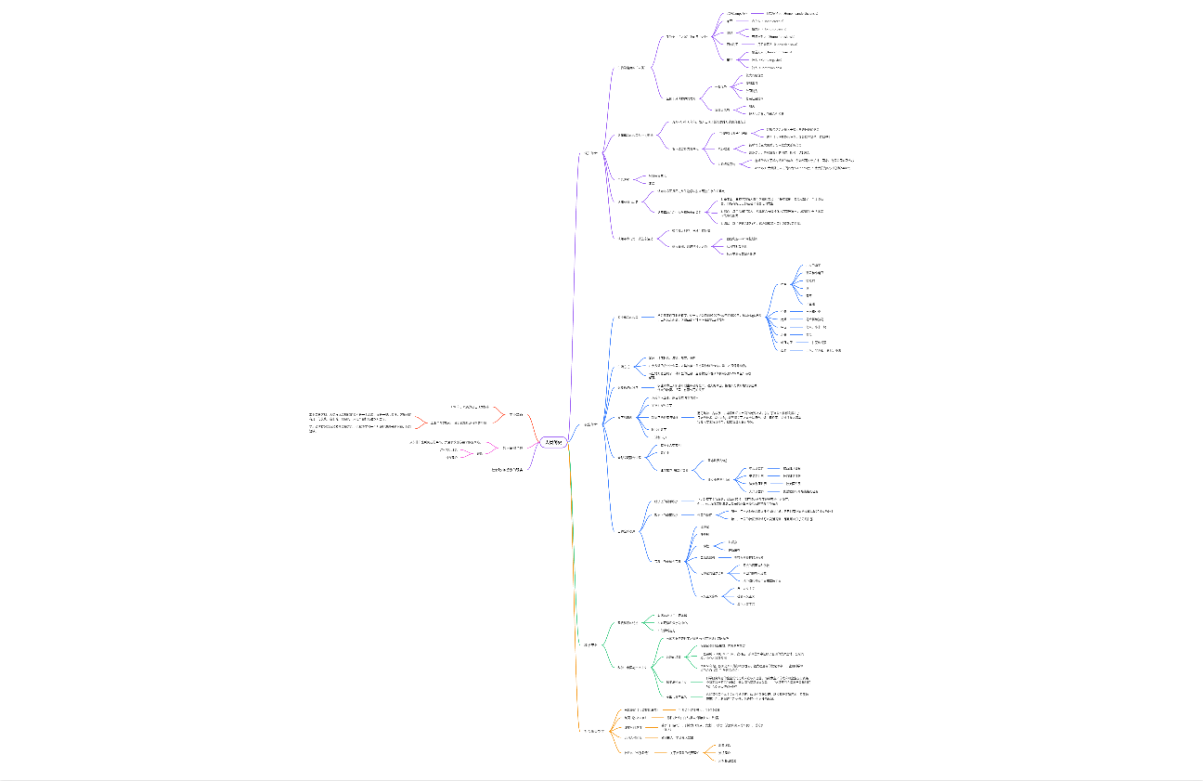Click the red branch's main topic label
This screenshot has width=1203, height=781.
coord(517,413)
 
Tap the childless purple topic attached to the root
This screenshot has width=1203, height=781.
coord(508,470)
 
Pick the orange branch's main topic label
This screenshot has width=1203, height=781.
coord(592,731)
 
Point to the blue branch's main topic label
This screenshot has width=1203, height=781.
coord(589,424)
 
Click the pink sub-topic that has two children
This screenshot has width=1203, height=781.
coord(480,453)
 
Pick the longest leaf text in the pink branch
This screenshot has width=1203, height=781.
coord(450,442)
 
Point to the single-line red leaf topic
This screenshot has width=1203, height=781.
coord(469,407)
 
